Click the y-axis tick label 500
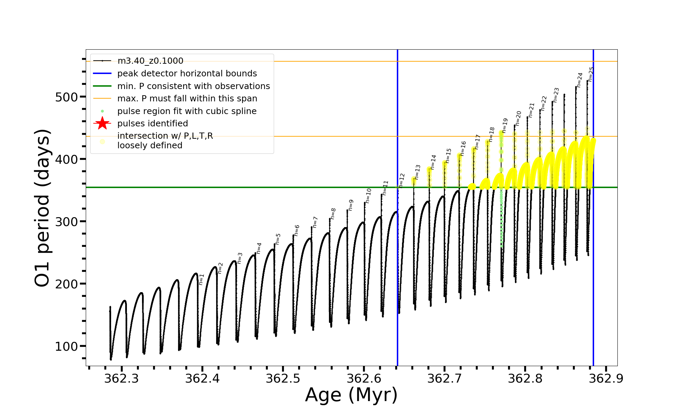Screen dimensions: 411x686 pyautogui.click(x=67, y=97)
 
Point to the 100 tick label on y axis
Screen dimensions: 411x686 pyautogui.click(x=67, y=347)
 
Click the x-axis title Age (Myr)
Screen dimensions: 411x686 pyautogui.click(x=351, y=395)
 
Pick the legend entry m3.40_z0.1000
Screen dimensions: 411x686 pyautogui.click(x=150, y=61)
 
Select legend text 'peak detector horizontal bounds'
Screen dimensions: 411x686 pyautogui.click(x=187, y=74)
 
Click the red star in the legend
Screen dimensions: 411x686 pyautogui.click(x=102, y=123)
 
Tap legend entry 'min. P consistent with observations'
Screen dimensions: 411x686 pyautogui.click(x=193, y=86)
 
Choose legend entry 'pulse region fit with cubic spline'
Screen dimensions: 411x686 pyautogui.click(x=187, y=111)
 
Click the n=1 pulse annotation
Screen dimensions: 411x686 pyautogui.click(x=201, y=279)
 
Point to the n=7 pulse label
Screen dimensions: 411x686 pyautogui.click(x=315, y=222)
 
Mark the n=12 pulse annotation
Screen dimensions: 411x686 pyautogui.click(x=402, y=180)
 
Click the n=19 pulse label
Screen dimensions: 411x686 pyautogui.click(x=505, y=126)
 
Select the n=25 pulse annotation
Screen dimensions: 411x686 pyautogui.click(x=590, y=74)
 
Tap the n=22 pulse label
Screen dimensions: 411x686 pyautogui.click(x=544, y=103)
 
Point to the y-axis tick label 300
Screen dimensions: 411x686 pyautogui.click(x=67, y=222)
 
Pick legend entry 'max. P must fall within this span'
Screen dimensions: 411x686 pyautogui.click(x=187, y=99)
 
